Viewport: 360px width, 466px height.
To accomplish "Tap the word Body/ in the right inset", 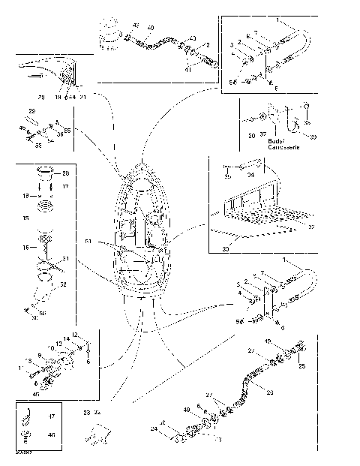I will tap(275, 141).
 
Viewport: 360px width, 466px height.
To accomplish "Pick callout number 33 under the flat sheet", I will tap(225, 250).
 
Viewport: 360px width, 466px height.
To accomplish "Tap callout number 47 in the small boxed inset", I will tap(52, 415).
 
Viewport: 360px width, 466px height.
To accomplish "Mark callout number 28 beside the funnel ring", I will tap(64, 174).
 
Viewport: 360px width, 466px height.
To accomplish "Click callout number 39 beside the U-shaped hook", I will tap(313, 137).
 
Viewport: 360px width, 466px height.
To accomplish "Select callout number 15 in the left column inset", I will tap(26, 218).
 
